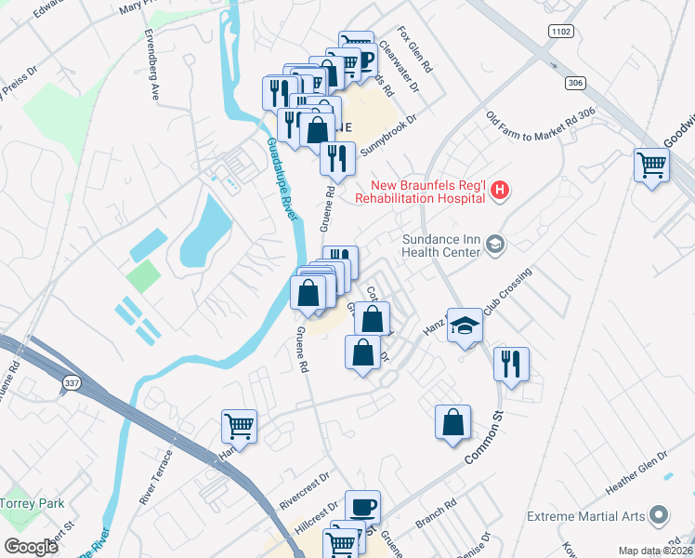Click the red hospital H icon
point(501,192)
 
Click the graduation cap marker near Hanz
point(466,326)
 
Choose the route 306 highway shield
point(576,84)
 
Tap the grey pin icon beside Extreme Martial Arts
point(660,514)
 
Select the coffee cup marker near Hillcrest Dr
point(362,508)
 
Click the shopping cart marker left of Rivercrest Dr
point(239,427)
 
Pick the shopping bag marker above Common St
point(452,422)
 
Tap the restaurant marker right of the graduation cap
point(510,364)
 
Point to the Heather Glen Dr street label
point(636,474)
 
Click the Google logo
point(31,547)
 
